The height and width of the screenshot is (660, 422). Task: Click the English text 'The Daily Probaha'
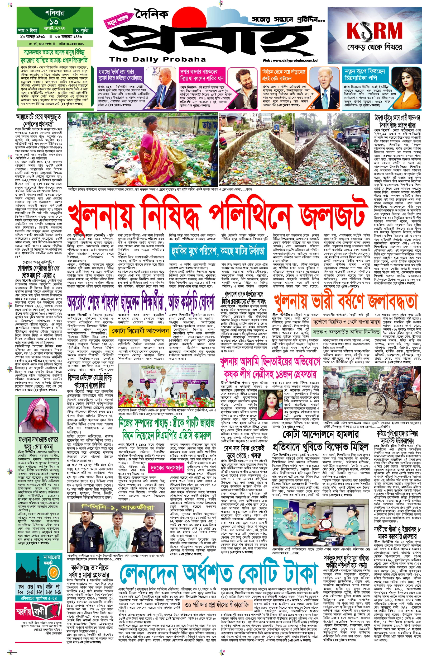click(157, 59)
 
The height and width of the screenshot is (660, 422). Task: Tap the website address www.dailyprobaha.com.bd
click(290, 60)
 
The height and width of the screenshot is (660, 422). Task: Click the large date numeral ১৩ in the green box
click(54, 22)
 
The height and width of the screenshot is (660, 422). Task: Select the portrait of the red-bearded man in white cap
click(37, 415)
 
